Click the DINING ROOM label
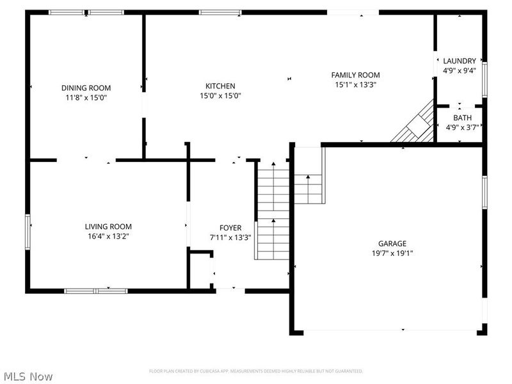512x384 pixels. (86, 88)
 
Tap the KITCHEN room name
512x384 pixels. (220, 86)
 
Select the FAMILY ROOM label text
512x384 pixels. (355, 75)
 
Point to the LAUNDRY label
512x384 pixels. (459, 61)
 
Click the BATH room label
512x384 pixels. (462, 118)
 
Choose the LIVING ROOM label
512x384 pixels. (108, 227)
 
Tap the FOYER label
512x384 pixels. (230, 228)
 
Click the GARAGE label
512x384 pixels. (392, 243)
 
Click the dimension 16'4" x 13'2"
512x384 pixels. (108, 236)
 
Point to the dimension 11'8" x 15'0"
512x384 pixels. (86, 97)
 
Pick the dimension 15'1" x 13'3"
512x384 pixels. (355, 84)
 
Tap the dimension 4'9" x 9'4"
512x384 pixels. (459, 70)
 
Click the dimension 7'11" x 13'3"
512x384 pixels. (230, 237)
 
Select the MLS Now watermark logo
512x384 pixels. (28, 376)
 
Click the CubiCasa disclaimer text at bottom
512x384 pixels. (256, 371)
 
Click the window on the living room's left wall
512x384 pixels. (28, 230)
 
